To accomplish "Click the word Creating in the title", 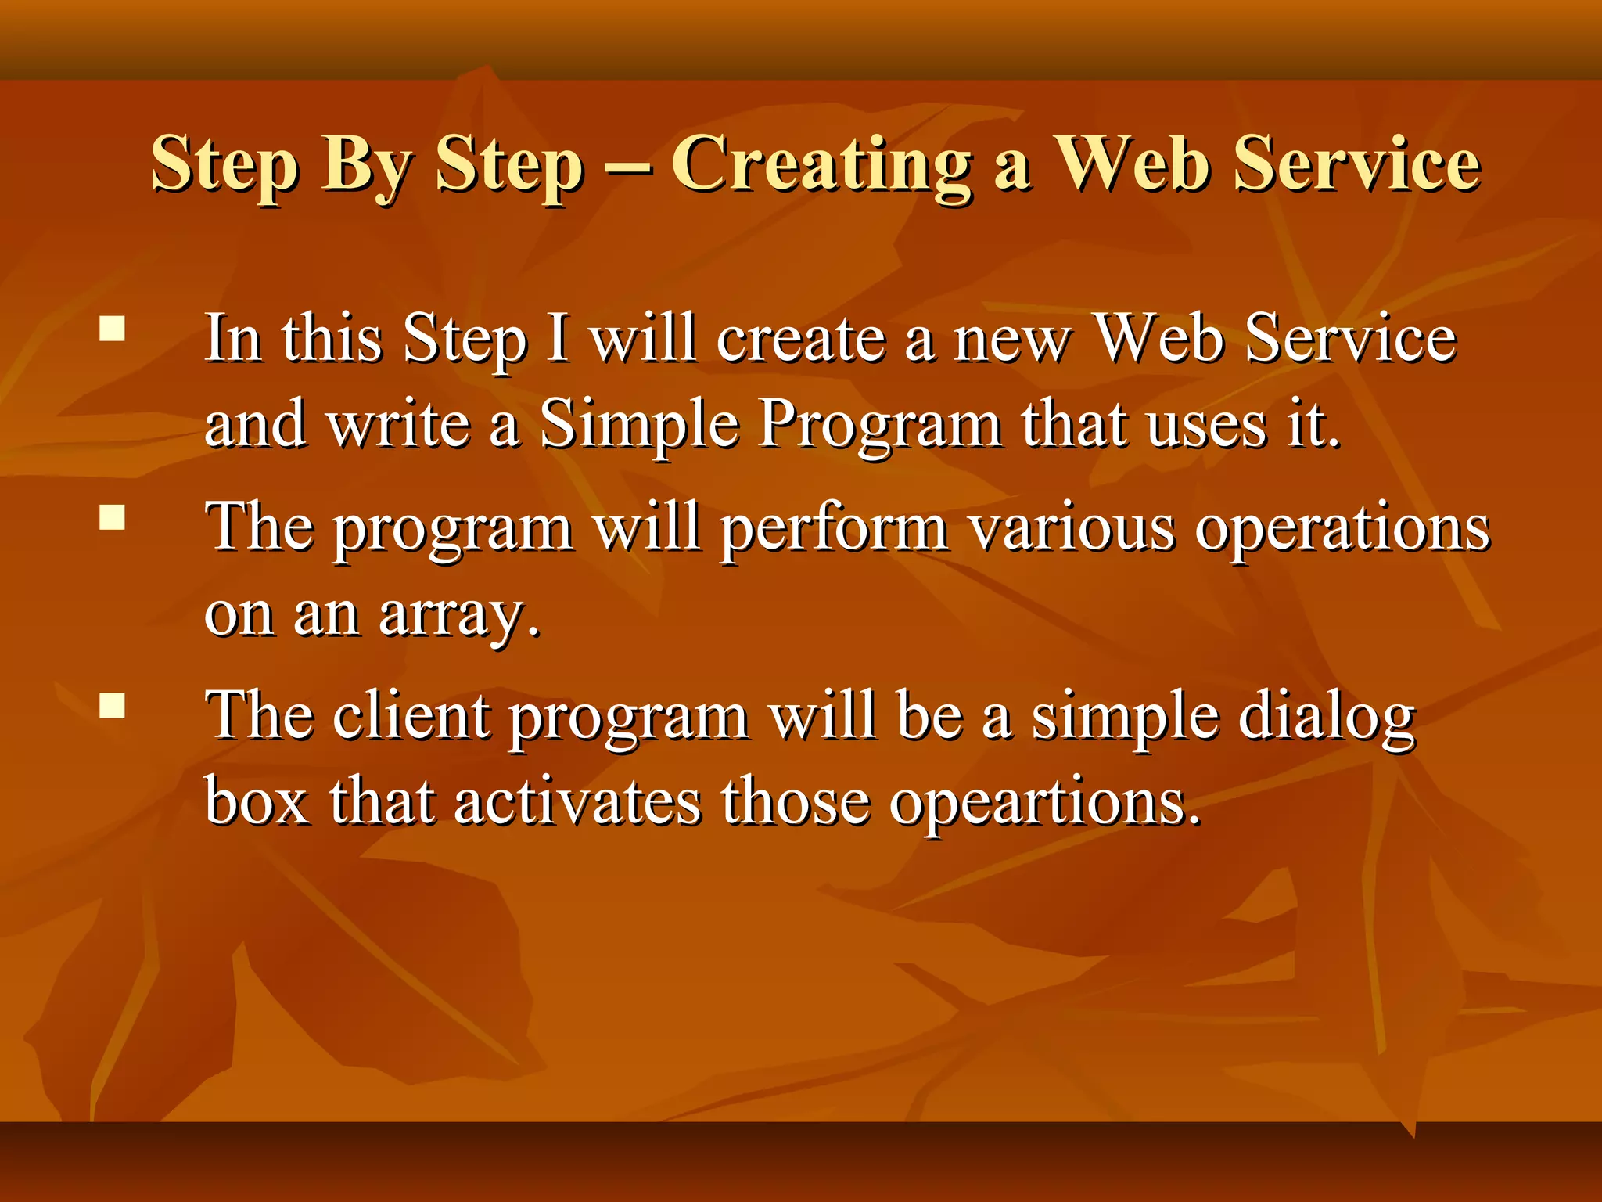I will click(821, 164).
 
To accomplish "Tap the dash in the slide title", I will click(627, 167).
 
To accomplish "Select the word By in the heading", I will click(366, 166).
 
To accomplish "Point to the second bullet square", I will click(113, 517).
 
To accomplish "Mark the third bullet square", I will click(113, 705).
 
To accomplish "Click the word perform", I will click(834, 530).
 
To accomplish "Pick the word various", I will click(1072, 528).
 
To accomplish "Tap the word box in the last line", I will click(257, 802).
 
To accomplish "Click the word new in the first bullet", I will click(1011, 340).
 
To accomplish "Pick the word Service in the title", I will click(1356, 164).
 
